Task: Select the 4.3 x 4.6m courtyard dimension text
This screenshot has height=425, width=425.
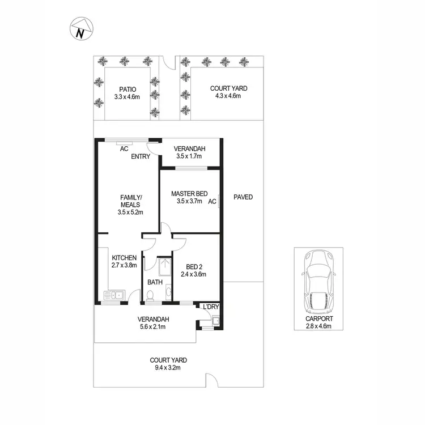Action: click(228, 96)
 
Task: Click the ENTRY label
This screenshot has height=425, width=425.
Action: click(141, 156)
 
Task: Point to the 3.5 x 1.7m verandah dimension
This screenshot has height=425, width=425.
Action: click(190, 156)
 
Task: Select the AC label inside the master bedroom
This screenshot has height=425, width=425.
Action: click(212, 201)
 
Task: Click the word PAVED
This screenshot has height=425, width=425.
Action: click(243, 197)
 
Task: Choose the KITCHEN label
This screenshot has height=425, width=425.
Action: click(124, 258)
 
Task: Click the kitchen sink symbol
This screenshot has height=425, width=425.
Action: click(114, 295)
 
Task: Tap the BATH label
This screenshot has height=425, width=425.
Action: click(155, 282)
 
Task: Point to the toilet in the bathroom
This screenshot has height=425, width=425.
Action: click(150, 295)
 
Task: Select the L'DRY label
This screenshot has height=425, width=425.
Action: click(211, 307)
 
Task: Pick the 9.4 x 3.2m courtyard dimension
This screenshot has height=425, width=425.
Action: click(168, 367)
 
